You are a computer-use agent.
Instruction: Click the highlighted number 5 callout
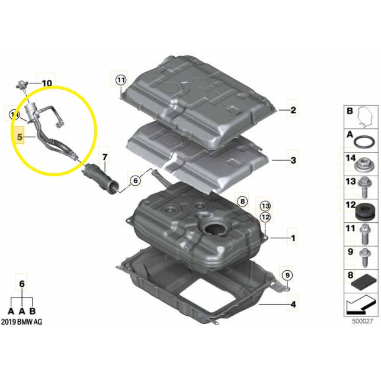[20, 137]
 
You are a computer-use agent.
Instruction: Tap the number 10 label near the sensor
[47, 83]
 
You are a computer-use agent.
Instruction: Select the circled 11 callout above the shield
[121, 80]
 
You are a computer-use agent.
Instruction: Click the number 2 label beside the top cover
[293, 110]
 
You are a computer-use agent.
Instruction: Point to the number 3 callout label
[293, 160]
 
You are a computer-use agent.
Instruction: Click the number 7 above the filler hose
[105, 157]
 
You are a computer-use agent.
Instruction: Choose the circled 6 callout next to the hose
[135, 180]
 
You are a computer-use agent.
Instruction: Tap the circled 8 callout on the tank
[242, 201]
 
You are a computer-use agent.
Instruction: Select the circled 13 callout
[265, 206]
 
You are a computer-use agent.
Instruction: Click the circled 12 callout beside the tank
[265, 217]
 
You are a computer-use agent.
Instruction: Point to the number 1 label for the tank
[293, 238]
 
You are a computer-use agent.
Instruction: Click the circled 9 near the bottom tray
[287, 275]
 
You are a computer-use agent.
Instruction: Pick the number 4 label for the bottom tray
[293, 305]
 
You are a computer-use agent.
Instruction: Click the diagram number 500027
[362, 321]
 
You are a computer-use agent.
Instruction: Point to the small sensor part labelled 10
[22, 85]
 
